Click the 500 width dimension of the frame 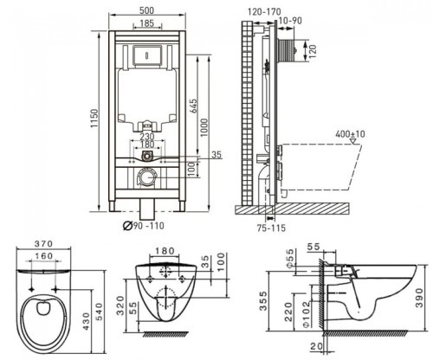click(147, 10)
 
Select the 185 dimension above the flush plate click(147, 23)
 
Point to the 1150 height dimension click(94, 119)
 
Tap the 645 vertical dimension click(193, 106)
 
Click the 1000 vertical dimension click(204, 128)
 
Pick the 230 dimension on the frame click(147, 136)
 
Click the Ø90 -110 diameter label click(144, 226)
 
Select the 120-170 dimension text click(264, 11)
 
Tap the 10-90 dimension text click(291, 21)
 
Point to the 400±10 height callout click(350, 134)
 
